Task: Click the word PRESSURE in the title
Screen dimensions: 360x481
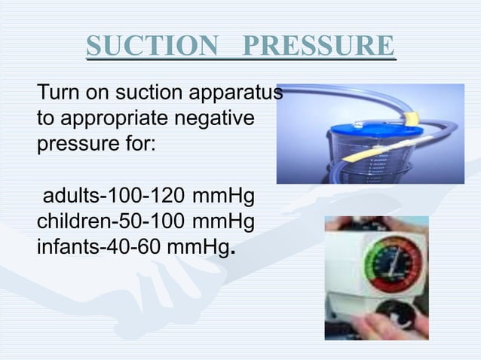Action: coord(321,47)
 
